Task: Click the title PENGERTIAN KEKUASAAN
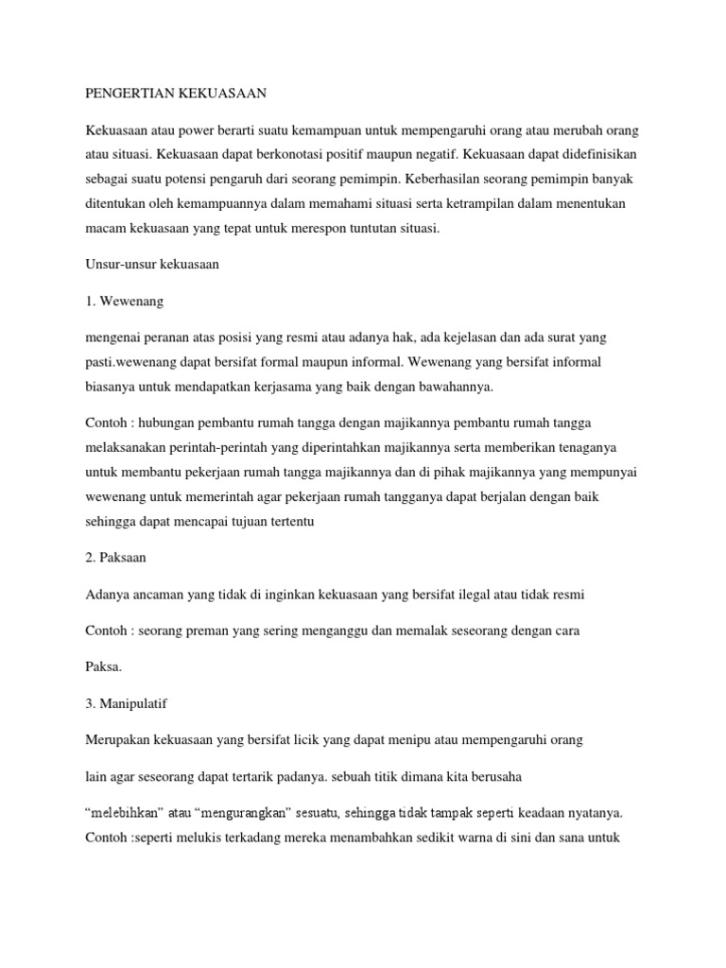(175, 93)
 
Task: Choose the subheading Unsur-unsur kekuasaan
(152, 265)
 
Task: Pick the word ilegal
(463, 594)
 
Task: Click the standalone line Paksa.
(103, 666)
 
